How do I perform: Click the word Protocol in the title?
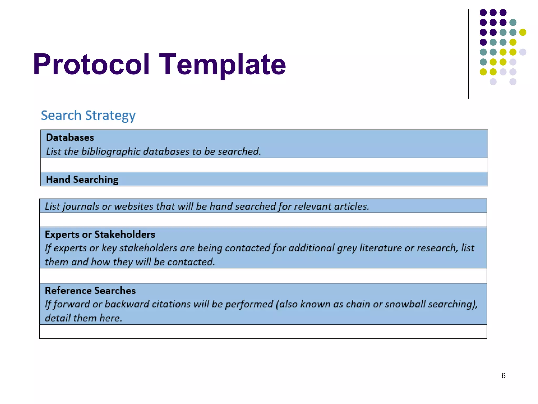pos(91,65)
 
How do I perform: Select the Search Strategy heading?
pos(88,116)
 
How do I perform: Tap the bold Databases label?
pos(70,138)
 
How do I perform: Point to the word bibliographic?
pos(111,151)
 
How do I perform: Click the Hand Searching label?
pos(82,180)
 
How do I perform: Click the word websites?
pos(134,206)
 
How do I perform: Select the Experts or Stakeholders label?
pos(100,234)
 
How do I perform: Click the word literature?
pos(380,248)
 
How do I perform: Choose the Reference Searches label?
pos(90,291)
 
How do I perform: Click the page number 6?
pos(503,376)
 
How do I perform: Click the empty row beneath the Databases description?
pos(264,165)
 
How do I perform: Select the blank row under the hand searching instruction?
pos(263,220)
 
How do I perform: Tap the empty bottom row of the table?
pos(263,332)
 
